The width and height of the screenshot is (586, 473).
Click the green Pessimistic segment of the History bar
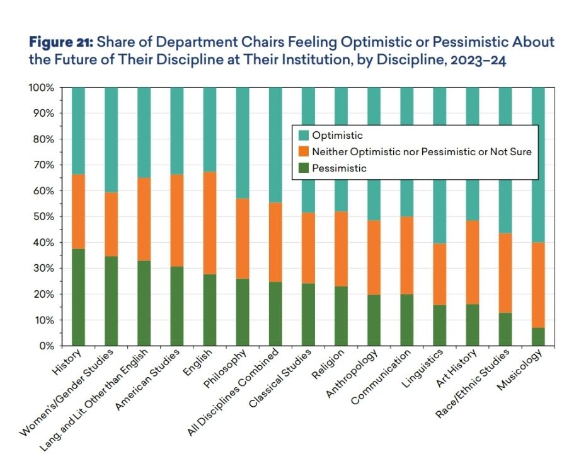78,297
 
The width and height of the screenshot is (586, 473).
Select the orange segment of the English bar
211,223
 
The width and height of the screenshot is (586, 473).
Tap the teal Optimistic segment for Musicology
539,165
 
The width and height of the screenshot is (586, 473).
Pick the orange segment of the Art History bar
473,262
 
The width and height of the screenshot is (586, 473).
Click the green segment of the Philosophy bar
243,312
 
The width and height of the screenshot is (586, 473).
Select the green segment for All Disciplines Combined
276,313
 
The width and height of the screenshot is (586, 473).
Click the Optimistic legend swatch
303,136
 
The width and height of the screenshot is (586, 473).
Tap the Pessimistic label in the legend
340,168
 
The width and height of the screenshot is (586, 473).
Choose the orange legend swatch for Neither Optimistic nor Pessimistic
303,152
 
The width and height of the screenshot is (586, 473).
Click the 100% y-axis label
42,88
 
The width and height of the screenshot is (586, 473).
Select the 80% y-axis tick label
44,139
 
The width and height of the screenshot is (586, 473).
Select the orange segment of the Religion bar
342,249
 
